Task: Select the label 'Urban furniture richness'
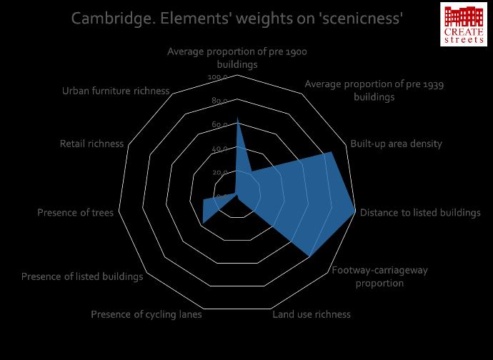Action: point(116,91)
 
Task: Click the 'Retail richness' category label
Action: point(91,144)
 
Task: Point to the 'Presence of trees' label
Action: point(75,212)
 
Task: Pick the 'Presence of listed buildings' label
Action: point(82,276)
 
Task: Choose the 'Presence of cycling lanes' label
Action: point(146,314)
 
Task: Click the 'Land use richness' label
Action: point(312,314)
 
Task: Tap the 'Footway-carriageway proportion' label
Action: point(379,277)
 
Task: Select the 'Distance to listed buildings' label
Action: point(420,212)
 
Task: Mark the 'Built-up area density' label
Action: point(396,144)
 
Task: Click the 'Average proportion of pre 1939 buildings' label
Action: point(374,91)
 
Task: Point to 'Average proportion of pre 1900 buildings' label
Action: point(237,58)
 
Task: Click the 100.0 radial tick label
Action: point(218,77)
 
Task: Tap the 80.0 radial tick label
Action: point(220,101)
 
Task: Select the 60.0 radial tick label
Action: point(220,125)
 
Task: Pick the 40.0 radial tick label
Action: point(220,149)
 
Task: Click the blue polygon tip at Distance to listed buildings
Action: point(355,211)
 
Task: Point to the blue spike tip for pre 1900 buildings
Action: point(237,118)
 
